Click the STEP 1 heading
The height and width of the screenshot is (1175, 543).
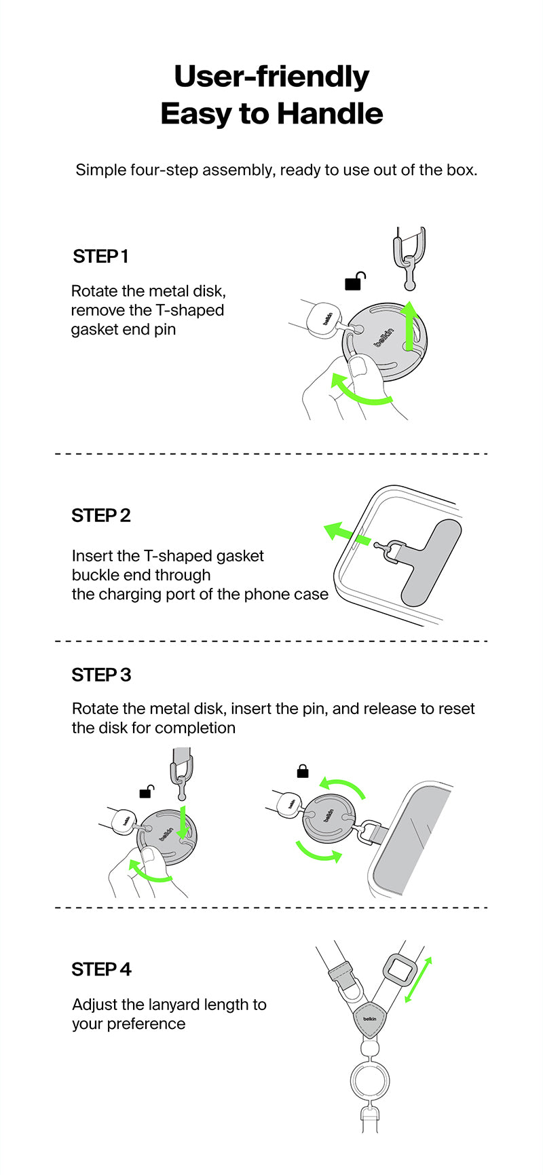(x=100, y=257)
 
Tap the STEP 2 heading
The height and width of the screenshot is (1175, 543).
(x=101, y=516)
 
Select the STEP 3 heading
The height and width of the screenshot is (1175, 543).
(x=102, y=675)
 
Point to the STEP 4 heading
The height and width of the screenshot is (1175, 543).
(x=102, y=969)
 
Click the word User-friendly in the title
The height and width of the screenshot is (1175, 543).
(x=271, y=76)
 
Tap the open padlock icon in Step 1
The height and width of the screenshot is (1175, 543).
(x=355, y=281)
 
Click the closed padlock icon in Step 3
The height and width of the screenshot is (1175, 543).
(x=303, y=771)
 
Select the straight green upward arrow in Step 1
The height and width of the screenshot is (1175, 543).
(x=409, y=326)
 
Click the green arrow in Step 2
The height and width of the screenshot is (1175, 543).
(x=347, y=535)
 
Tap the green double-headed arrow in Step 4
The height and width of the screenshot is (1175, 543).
(x=418, y=980)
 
